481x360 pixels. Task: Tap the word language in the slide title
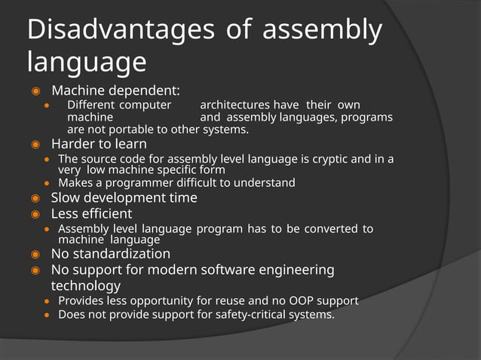click(x=87, y=62)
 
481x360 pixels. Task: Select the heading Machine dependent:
click(x=115, y=91)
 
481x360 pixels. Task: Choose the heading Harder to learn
click(x=99, y=143)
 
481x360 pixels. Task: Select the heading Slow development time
click(x=124, y=197)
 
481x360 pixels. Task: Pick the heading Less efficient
click(x=91, y=213)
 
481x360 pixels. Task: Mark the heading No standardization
click(x=110, y=254)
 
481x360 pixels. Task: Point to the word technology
click(x=85, y=285)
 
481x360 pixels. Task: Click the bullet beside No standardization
click(x=35, y=255)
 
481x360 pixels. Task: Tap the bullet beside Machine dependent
click(x=35, y=92)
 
